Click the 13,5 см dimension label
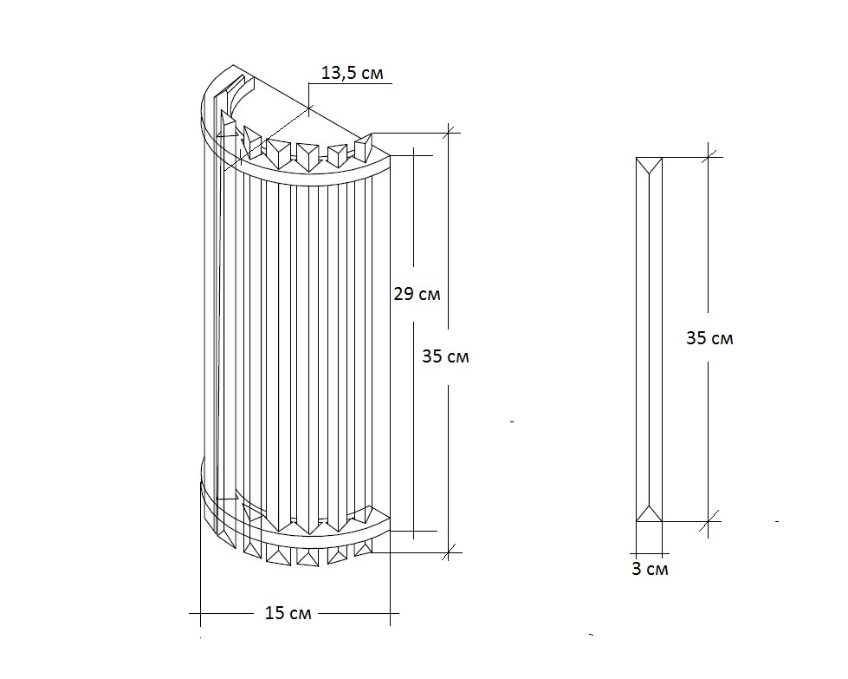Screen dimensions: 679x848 click(352, 73)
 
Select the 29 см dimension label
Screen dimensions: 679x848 click(417, 294)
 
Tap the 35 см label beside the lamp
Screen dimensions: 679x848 click(445, 356)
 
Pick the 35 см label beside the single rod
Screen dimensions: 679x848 click(709, 338)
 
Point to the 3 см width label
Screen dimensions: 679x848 click(650, 570)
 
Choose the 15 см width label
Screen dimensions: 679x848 click(287, 614)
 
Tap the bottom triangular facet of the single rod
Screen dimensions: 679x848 click(650, 515)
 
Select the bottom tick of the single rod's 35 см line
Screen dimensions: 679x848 click(709, 520)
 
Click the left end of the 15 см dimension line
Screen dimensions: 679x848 click(200, 615)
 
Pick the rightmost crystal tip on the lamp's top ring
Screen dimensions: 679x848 click(364, 143)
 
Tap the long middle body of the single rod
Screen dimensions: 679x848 click(650, 338)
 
